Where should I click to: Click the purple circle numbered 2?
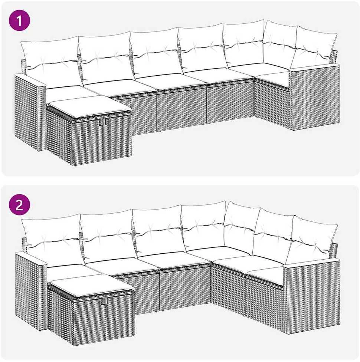pyautogui.click(x=19, y=204)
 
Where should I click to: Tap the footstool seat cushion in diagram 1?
pyautogui.click(x=89, y=106)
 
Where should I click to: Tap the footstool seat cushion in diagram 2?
pyautogui.click(x=91, y=285)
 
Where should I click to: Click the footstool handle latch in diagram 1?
pyautogui.click(x=102, y=122)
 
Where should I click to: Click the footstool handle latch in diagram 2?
pyautogui.click(x=106, y=300)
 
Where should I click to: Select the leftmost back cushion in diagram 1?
pyautogui.click(x=51, y=62)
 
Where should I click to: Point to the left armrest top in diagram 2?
pyautogui.click(x=31, y=259)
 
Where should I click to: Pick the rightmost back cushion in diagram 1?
pyautogui.click(x=314, y=47)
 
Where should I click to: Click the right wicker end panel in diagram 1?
pyautogui.click(x=314, y=98)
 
